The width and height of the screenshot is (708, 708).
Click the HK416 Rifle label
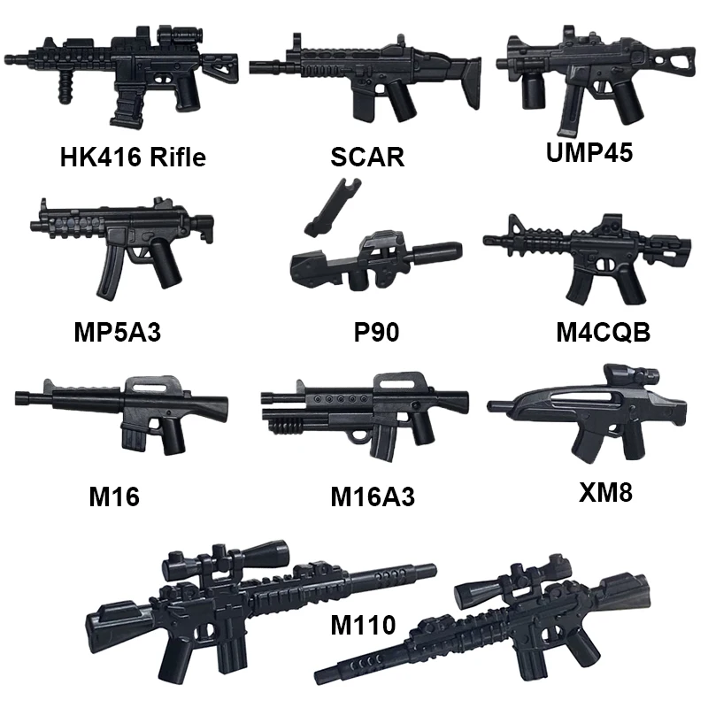click(133, 158)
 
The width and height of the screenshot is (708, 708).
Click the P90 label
click(375, 333)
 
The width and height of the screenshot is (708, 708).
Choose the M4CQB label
click(603, 333)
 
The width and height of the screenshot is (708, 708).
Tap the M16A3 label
click(373, 497)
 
